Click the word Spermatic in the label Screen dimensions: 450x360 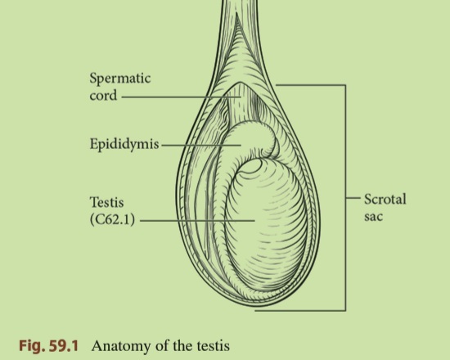point(120,79)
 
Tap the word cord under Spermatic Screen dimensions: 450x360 point(103,95)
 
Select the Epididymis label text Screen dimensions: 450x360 point(124,144)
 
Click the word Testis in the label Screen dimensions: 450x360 point(106,202)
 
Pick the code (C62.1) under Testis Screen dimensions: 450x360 point(112,219)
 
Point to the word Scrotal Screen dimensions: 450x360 point(385,199)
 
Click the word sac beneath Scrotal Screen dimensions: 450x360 point(374,216)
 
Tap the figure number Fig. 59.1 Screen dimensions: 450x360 point(48,345)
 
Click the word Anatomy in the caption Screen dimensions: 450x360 point(122,346)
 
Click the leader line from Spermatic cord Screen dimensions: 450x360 point(181,97)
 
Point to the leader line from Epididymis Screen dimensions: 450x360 point(201,146)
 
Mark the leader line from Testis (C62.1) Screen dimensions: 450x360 point(197,221)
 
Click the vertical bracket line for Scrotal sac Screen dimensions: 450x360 point(345,197)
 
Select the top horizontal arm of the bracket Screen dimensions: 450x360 point(311,85)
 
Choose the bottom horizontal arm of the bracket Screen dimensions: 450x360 point(300,310)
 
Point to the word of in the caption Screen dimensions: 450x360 point(162,345)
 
